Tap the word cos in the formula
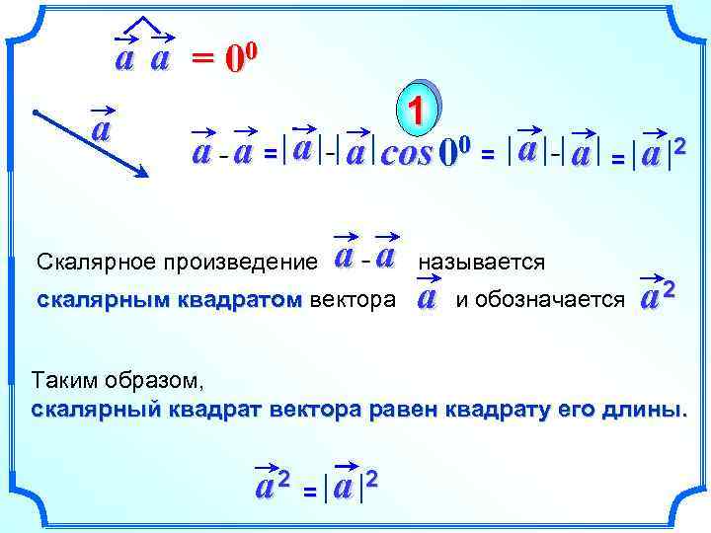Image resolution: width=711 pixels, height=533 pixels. coord(406,156)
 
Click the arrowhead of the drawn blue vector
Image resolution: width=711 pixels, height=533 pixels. coord(143,173)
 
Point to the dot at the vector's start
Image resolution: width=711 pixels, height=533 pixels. coord(34,112)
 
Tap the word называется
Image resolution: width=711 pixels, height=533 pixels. coord(482,263)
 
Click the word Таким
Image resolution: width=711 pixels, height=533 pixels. coord(65,379)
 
